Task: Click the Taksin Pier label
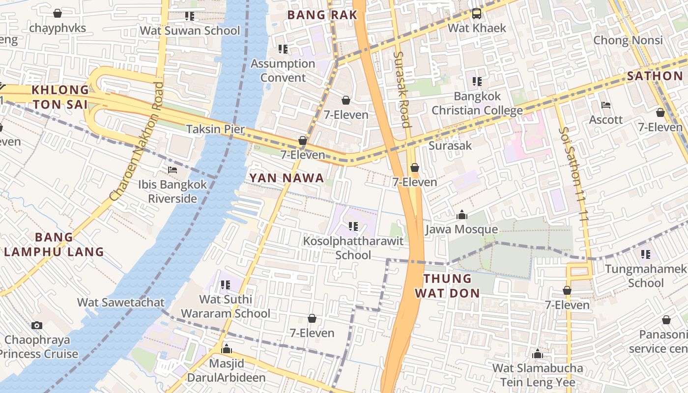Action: pyautogui.click(x=215, y=129)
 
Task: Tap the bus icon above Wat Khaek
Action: pyautogui.click(x=477, y=14)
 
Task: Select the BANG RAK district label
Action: pyautogui.click(x=322, y=15)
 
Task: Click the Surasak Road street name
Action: pyautogui.click(x=401, y=89)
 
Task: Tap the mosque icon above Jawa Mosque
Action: pyautogui.click(x=461, y=215)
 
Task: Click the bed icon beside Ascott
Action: pyautogui.click(x=606, y=105)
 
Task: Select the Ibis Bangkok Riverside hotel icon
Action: pyautogui.click(x=172, y=170)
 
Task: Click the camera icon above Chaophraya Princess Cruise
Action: pyautogui.click(x=36, y=325)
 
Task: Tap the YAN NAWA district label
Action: pyautogui.click(x=287, y=178)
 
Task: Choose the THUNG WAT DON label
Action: pyautogui.click(x=447, y=286)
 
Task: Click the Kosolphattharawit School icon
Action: pyautogui.click(x=353, y=226)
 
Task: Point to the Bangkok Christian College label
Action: pyautogui.click(x=477, y=103)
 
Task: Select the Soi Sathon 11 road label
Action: pyautogui.click(x=574, y=172)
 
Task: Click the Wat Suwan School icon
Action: pyautogui.click(x=190, y=16)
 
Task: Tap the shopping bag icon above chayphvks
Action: pyautogui.click(x=57, y=13)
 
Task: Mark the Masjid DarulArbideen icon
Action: pyautogui.click(x=227, y=349)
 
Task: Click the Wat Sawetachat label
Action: pyautogui.click(x=120, y=302)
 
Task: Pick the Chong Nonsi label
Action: pyautogui.click(x=628, y=40)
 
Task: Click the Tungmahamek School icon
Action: pyautogui.click(x=646, y=254)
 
